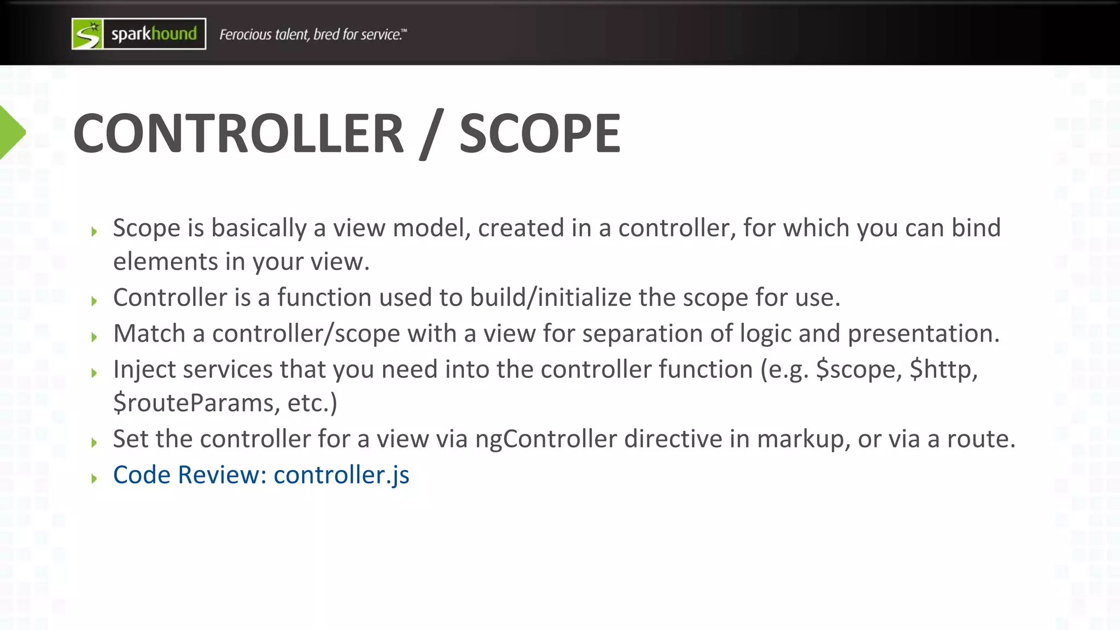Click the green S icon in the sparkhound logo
[x=87, y=34]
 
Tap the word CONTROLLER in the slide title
[x=238, y=134]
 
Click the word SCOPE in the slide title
[x=540, y=134]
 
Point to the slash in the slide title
[x=431, y=134]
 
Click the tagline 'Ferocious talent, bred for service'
[x=313, y=34]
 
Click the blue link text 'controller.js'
[x=341, y=475]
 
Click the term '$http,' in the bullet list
[x=943, y=370]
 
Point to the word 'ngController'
[x=546, y=439]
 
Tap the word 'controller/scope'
[x=306, y=334]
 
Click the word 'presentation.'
[x=924, y=334]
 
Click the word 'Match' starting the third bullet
[x=149, y=334]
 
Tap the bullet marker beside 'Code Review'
[x=94, y=479]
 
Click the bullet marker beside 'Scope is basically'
[x=94, y=232]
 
